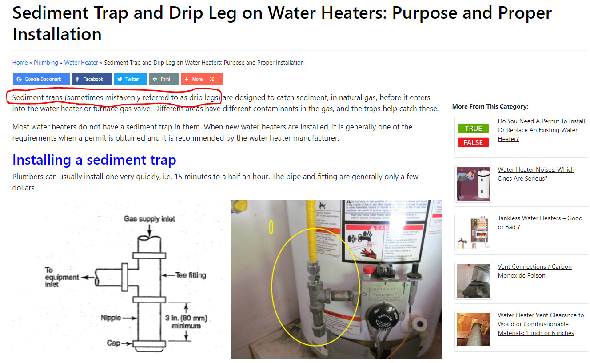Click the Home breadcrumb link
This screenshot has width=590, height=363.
coord(20,63)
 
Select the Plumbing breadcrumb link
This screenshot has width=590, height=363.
coord(46,63)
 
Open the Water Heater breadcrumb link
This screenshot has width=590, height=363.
coord(81,63)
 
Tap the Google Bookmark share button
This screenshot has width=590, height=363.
coord(41,79)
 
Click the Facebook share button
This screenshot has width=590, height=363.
coord(92,79)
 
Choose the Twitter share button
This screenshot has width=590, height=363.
coord(130,79)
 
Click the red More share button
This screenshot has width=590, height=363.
coord(202,79)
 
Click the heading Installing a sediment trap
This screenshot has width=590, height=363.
coord(94,160)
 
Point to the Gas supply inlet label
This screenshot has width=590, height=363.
coord(149,218)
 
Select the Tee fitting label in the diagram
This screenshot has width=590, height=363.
coord(190,275)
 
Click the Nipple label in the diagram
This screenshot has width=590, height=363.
coord(111,318)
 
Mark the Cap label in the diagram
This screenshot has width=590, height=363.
coord(113,343)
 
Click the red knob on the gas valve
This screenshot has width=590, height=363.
coord(368,270)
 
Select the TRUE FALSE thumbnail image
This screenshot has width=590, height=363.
coord(473,135)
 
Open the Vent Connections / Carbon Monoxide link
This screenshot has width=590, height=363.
coord(534,271)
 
